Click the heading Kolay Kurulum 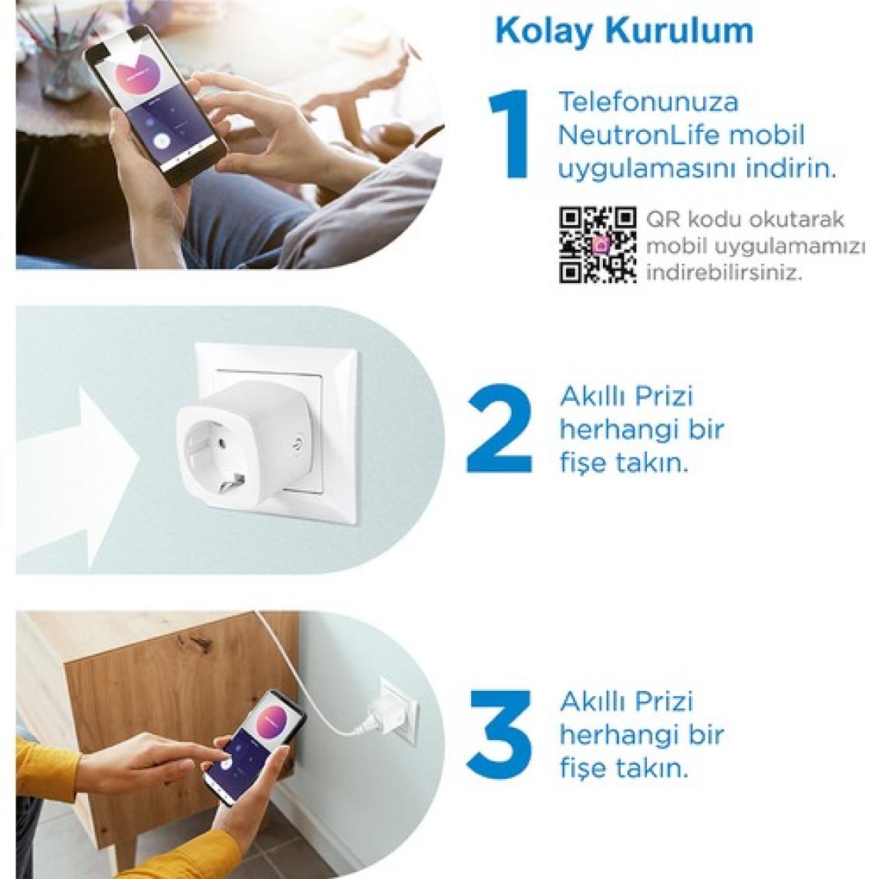(624, 31)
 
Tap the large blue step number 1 (509, 134)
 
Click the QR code (598, 245)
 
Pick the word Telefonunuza (648, 102)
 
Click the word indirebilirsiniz (724, 273)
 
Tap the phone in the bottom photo (255, 746)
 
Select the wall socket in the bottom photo (398, 711)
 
